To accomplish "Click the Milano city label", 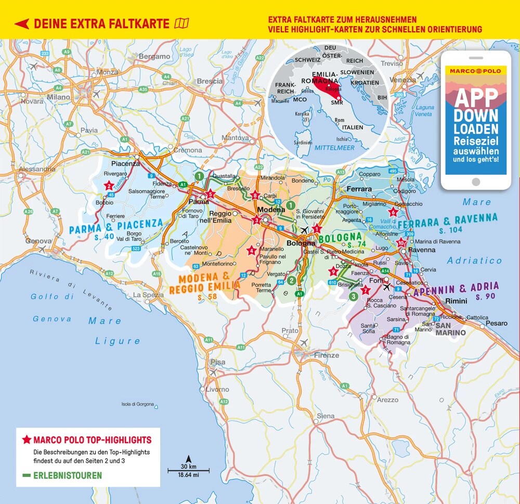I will point(58,97).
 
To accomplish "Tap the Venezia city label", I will point(403,80).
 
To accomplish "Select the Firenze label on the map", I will point(326,355).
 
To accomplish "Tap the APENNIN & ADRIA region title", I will point(456,289).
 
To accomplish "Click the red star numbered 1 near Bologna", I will point(317,229).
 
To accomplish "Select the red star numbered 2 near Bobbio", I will point(109,185).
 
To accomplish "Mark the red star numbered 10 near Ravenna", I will point(400,243).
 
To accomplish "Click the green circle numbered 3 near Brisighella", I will point(353,296).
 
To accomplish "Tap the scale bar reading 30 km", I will point(188,471).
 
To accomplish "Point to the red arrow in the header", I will point(21,23).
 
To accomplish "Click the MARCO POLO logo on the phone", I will point(476,70).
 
